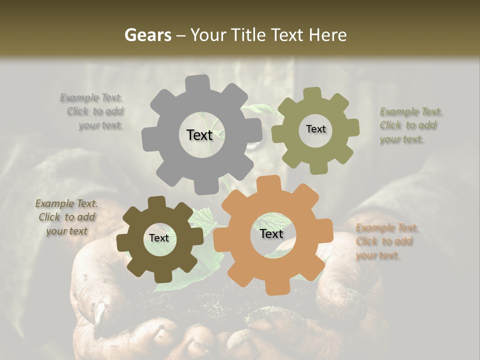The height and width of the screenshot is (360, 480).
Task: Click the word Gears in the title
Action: click(x=147, y=35)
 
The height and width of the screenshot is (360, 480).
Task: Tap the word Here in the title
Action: click(x=327, y=35)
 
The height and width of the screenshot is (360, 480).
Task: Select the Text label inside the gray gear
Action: click(x=199, y=135)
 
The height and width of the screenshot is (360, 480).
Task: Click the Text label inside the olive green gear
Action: click(x=315, y=129)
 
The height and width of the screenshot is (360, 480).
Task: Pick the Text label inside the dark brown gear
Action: click(x=159, y=238)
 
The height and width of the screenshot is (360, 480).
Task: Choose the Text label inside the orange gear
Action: click(x=271, y=234)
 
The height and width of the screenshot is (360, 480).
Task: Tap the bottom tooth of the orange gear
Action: click(x=273, y=287)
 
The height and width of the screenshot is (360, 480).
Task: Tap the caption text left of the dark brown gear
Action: click(x=66, y=217)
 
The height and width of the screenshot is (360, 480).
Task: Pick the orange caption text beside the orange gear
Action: click(x=386, y=242)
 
